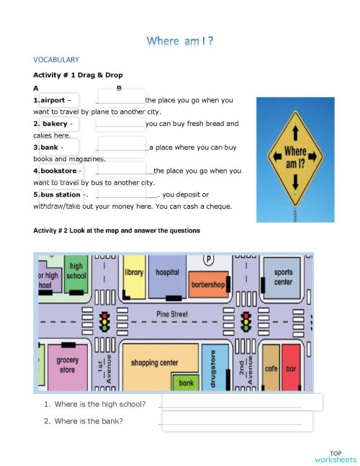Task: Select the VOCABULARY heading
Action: [56, 60]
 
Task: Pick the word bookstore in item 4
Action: [58, 171]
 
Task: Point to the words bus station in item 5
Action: [60, 194]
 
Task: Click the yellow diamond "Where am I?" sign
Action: [295, 153]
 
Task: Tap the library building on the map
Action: [134, 281]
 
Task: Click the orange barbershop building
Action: [208, 284]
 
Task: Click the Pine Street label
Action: [172, 315]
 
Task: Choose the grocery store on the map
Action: [67, 365]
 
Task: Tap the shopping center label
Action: [154, 362]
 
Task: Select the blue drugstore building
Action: [212, 369]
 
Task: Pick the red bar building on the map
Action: [291, 368]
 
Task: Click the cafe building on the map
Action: [271, 368]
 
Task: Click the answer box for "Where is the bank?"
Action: [237, 421]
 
